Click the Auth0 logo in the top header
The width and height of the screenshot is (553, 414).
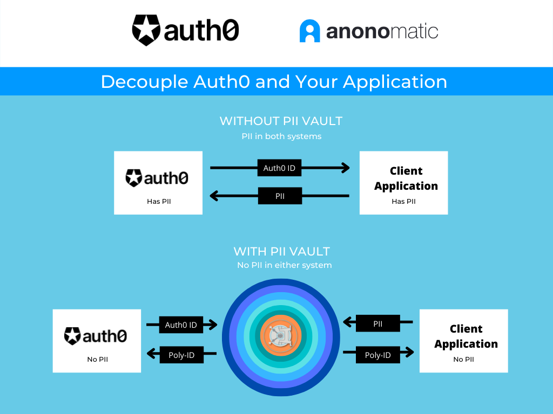(x=185, y=30)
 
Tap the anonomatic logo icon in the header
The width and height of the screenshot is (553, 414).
(x=310, y=31)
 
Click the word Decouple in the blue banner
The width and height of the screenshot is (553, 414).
(x=143, y=82)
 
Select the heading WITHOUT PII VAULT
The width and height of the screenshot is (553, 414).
(x=281, y=121)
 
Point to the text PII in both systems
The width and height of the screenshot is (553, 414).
(x=281, y=136)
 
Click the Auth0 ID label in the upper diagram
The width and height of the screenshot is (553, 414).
(x=279, y=168)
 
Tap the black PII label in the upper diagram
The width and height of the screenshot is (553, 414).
(x=280, y=196)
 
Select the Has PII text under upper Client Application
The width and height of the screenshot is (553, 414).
(x=403, y=202)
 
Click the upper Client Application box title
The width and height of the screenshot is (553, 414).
(x=406, y=178)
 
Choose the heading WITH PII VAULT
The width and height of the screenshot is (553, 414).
(x=281, y=251)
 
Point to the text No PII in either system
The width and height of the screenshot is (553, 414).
(x=284, y=265)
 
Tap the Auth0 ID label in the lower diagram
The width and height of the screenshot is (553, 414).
(x=181, y=325)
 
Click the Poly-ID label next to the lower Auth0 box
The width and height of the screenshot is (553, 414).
(x=181, y=355)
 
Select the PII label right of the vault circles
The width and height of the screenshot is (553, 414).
(x=378, y=324)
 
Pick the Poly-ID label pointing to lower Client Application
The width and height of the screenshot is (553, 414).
(x=378, y=355)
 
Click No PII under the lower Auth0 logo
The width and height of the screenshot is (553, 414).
(x=97, y=360)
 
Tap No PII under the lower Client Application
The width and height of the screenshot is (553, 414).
(x=463, y=360)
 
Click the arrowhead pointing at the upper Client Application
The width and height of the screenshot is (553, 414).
(x=345, y=168)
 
